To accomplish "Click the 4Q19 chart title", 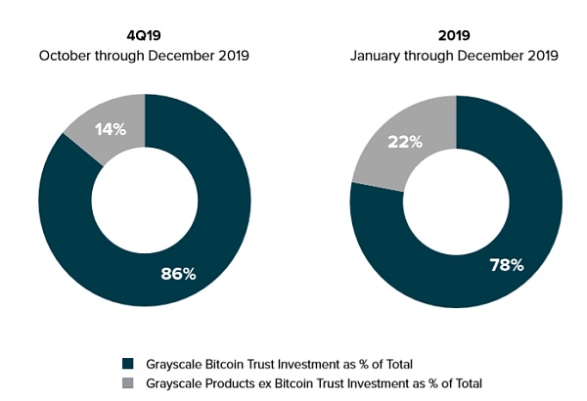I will [144, 36].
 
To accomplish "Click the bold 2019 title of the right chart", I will [454, 36].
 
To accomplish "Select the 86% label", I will [178, 274].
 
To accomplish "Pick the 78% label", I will [507, 265].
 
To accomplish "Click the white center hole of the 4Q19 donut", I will [145, 200].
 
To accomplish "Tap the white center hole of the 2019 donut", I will [456, 200].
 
